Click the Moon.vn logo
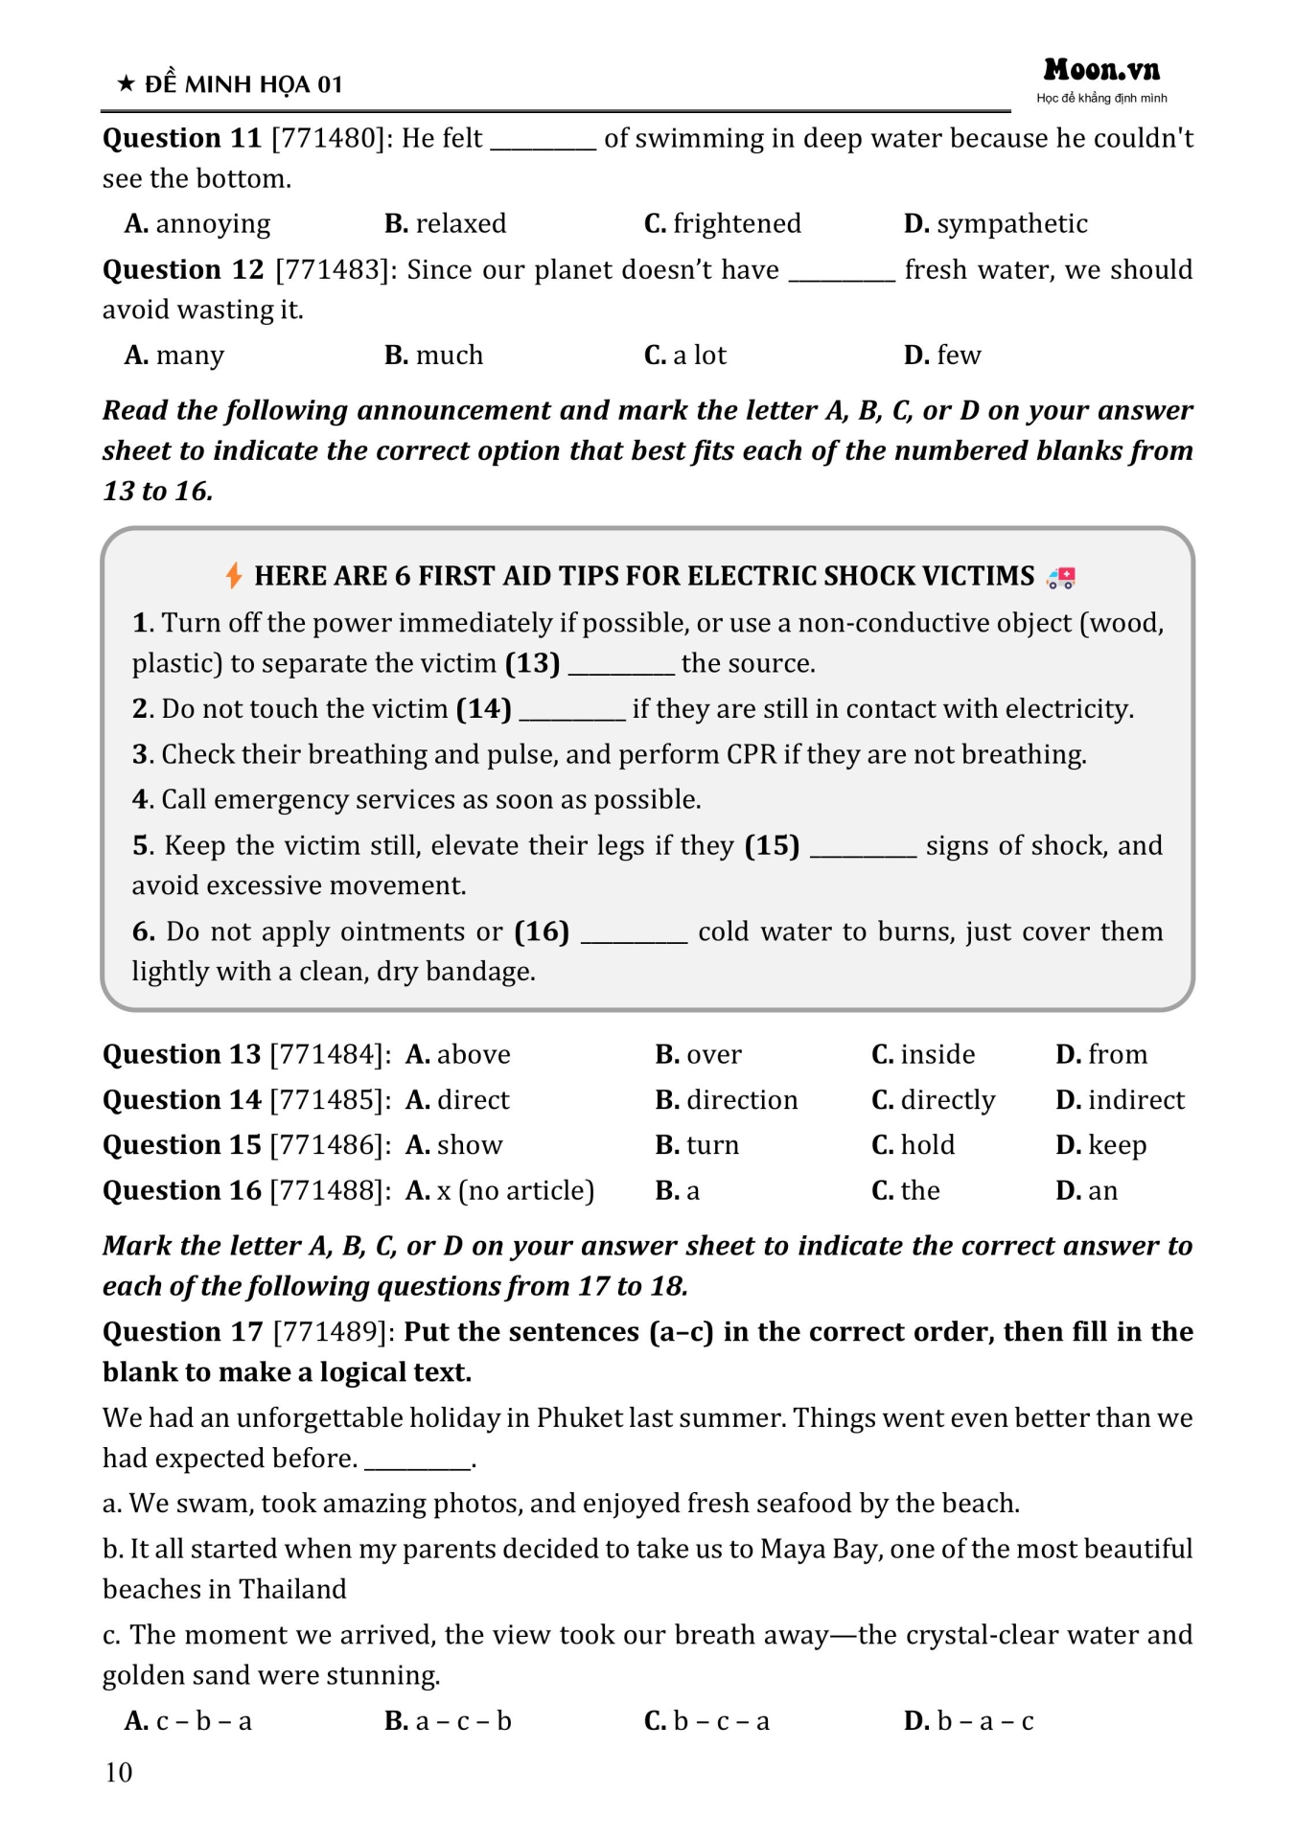(x=1101, y=70)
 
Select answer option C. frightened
(x=722, y=224)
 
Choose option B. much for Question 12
(x=433, y=356)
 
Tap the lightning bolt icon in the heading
(x=233, y=575)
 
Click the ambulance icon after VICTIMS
(x=1061, y=577)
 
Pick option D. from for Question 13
(x=1101, y=1055)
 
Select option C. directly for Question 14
(x=933, y=1100)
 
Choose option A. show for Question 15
(x=453, y=1145)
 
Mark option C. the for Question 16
(x=905, y=1191)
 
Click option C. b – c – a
(x=706, y=1721)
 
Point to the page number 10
(x=119, y=1772)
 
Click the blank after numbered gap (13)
(x=621, y=665)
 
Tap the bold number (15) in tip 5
(x=772, y=846)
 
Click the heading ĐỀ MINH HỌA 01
(x=243, y=85)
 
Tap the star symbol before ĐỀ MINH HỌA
(x=126, y=84)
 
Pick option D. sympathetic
(x=995, y=224)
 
